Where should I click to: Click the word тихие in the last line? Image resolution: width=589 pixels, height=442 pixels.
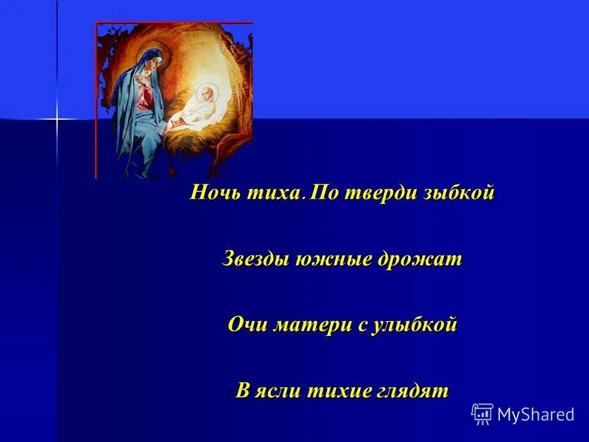[x=336, y=391]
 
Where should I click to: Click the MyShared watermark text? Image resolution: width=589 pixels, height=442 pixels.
[x=536, y=414]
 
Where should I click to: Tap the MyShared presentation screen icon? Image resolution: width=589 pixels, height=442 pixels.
[x=482, y=414]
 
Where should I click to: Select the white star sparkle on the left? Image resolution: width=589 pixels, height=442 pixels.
[x=57, y=118]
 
